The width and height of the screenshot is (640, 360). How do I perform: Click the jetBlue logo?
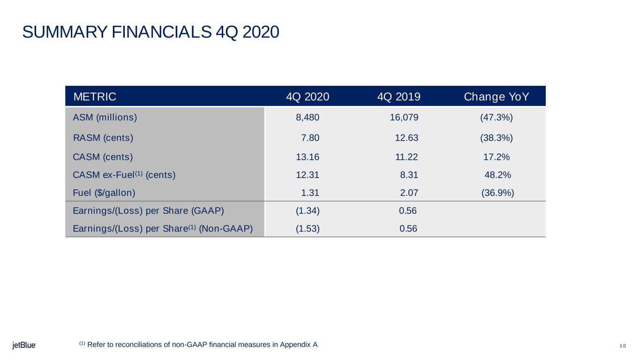(24, 345)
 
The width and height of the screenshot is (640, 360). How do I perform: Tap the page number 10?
(623, 346)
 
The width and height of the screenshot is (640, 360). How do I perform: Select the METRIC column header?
(95, 97)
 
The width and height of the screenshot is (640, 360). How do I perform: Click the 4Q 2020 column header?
(308, 97)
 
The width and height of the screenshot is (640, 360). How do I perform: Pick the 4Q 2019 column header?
(399, 97)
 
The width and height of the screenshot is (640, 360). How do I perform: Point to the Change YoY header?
(496, 97)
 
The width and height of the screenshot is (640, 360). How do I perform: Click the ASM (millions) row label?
(105, 118)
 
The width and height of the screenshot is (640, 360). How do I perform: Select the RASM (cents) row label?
(103, 138)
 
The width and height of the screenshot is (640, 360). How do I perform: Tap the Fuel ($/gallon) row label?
(104, 193)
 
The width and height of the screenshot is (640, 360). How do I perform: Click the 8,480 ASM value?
(308, 118)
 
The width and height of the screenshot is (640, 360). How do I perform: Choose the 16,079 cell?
(404, 118)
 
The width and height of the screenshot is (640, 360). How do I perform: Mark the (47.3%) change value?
(497, 118)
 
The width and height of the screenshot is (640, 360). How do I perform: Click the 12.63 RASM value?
(407, 138)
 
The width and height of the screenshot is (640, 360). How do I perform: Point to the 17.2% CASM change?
(497, 157)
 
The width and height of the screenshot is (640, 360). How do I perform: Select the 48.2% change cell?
(498, 175)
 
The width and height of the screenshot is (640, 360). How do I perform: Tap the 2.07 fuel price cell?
(409, 193)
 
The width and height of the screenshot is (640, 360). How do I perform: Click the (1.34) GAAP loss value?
(308, 211)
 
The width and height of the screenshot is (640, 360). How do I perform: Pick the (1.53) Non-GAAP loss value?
(308, 229)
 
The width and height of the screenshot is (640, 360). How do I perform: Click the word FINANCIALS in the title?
(161, 32)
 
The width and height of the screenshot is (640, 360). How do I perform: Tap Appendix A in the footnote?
(299, 345)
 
